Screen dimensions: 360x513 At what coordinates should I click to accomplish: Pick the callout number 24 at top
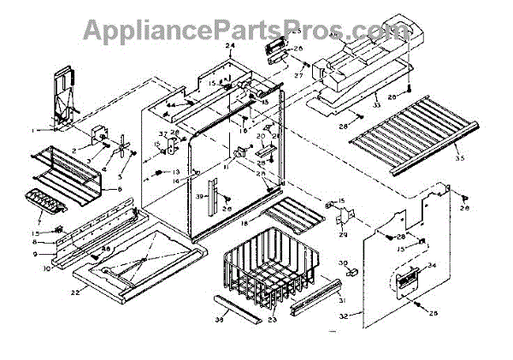(x=230, y=45)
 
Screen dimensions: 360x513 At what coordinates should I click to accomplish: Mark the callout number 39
(x=198, y=198)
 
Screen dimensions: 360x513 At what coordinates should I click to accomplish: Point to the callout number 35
(x=459, y=159)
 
